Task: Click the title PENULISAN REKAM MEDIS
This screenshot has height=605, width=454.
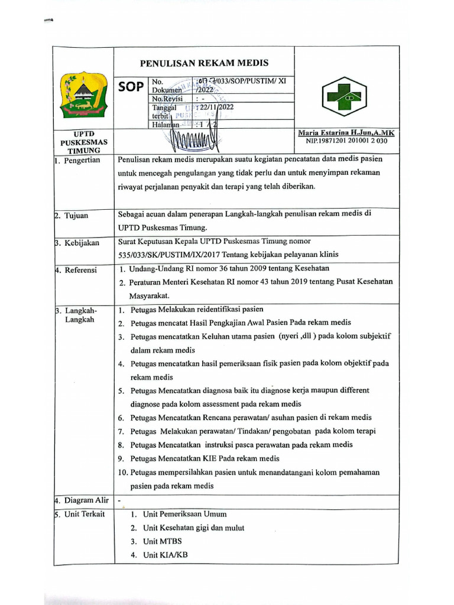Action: (204, 63)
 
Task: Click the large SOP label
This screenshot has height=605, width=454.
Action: (131, 87)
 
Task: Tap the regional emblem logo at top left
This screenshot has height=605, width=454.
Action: (83, 95)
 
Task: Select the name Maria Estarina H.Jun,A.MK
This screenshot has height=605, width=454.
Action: (346, 134)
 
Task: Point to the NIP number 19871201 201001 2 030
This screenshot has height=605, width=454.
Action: (346, 141)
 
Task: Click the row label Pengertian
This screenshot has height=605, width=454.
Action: (82, 160)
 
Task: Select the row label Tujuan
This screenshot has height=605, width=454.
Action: (76, 216)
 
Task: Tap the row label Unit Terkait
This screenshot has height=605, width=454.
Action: (85, 514)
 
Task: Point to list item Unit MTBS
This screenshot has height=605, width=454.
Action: (163, 541)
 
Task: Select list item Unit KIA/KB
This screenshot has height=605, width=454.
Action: (166, 555)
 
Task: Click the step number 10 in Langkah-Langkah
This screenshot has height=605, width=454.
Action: (123, 472)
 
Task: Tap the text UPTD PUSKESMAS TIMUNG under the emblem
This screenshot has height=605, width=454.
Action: (83, 142)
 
